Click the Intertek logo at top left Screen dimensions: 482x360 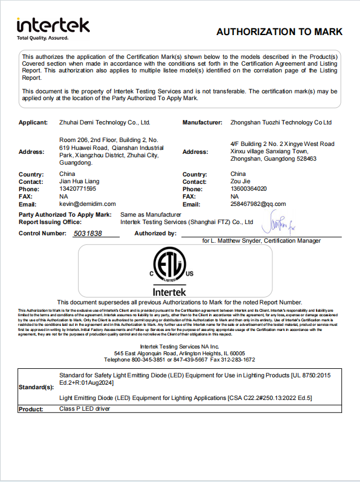pyautogui.click(x=53, y=25)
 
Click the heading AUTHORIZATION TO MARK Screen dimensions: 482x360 pyautogui.click(x=279, y=32)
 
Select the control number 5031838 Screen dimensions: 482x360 pyautogui.click(x=88, y=233)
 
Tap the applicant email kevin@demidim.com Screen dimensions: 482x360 pyautogui.click(x=88, y=204)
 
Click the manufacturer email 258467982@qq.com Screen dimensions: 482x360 pyautogui.click(x=258, y=204)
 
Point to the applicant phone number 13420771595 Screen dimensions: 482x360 pyautogui.click(x=78, y=189)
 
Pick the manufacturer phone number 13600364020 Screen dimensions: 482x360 pyautogui.click(x=249, y=189)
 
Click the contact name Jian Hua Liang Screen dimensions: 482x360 pyautogui.click(x=80, y=182)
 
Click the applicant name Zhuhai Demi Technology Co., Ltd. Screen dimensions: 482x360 pyautogui.click(x=105, y=122)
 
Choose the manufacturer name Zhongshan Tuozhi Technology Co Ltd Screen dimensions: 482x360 pyautogui.click(x=281, y=122)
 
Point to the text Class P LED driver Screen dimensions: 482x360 pyautogui.click(x=85, y=408)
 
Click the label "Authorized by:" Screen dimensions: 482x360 pyautogui.click(x=155, y=233)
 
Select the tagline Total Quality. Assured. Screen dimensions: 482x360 pyautogui.click(x=42, y=38)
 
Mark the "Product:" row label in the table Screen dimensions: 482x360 pyautogui.click(x=31, y=409)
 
